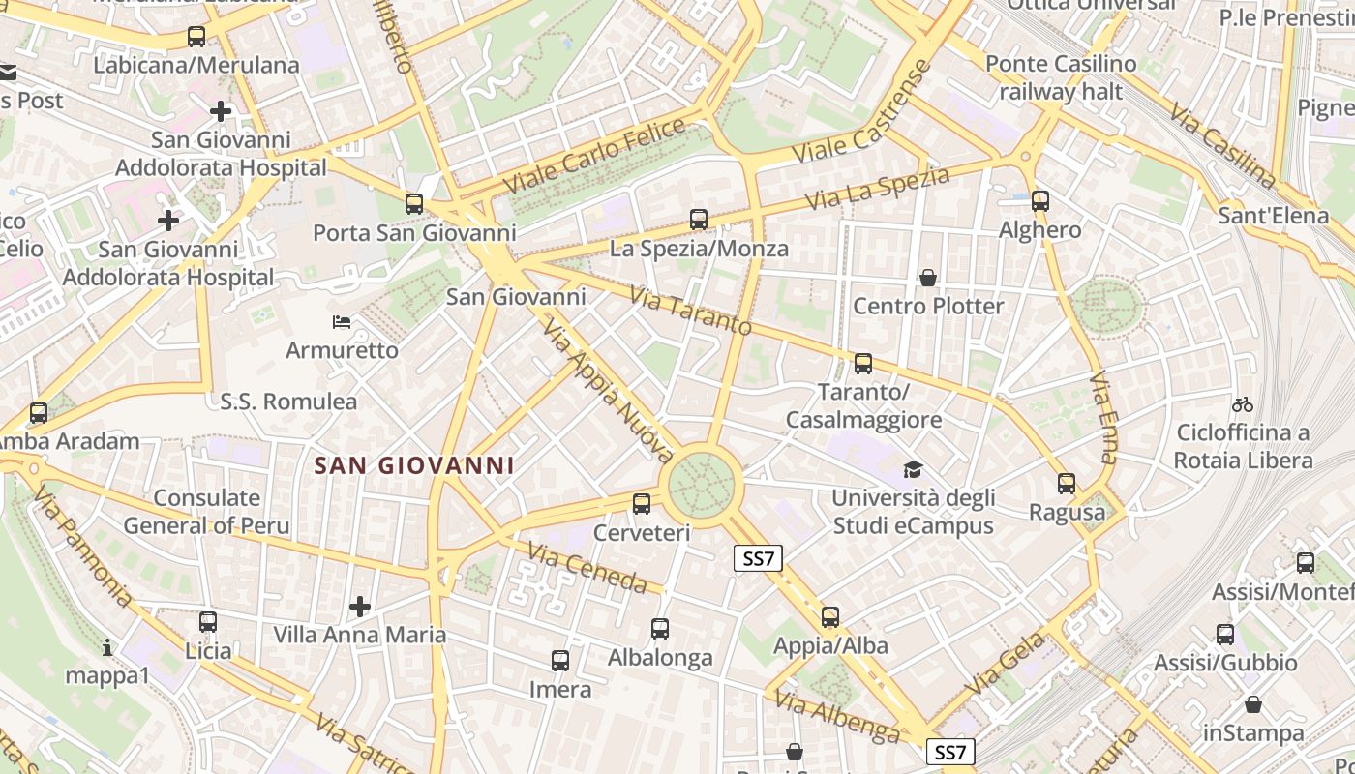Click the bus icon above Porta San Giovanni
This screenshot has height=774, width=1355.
coord(414,203)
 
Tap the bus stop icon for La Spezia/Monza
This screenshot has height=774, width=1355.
coord(699,220)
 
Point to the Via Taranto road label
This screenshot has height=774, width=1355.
coord(690,311)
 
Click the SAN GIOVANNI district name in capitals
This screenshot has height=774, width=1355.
coord(414,465)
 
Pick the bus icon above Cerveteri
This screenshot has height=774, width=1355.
coord(642,503)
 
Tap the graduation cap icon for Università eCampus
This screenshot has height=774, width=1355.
coord(913,470)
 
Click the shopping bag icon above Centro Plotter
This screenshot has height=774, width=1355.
coord(928,278)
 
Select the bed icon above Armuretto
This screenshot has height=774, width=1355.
coord(342,321)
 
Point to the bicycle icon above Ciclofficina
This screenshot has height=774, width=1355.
coord(1243,404)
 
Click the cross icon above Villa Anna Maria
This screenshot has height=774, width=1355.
coord(360,607)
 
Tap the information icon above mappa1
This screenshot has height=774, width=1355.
coord(107,647)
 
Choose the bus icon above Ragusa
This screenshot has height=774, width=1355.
coord(1067,483)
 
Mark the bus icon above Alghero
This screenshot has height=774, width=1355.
coord(1040,201)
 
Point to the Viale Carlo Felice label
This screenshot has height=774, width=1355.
coord(594,155)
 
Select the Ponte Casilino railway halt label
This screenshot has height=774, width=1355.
coord(1061,77)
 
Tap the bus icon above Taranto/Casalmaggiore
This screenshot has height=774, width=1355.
coord(863,364)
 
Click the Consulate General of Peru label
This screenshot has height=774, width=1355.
coord(207,512)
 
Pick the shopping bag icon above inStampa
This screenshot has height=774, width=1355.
coord(1253,704)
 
